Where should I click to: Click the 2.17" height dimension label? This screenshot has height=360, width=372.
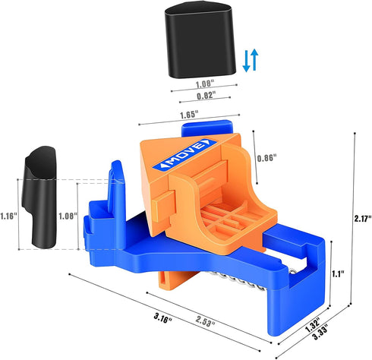click(363, 219)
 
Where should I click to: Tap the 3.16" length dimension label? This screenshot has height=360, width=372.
click(162, 318)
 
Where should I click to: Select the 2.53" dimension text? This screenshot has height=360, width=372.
click(205, 321)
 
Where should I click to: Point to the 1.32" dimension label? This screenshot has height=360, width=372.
click(313, 325)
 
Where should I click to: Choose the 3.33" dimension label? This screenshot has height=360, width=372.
click(320, 332)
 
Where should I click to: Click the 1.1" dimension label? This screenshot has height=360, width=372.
click(338, 273)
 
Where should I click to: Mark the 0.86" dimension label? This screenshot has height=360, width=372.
click(266, 158)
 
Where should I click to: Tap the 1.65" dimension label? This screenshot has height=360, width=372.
click(189, 115)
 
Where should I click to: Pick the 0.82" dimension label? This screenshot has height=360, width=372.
click(206, 96)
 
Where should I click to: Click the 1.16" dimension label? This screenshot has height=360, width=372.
click(9, 216)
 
